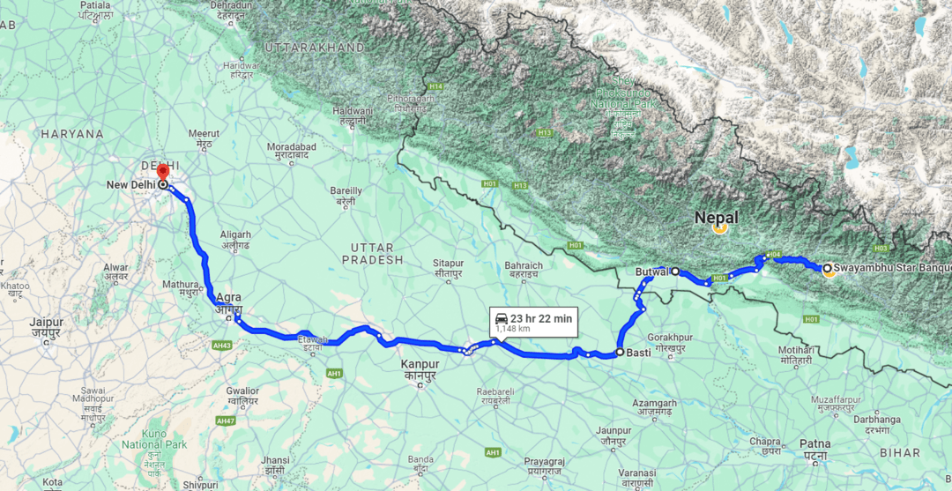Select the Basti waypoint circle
point(620,353)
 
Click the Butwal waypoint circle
point(675,272)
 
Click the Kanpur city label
point(420,364)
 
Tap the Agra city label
point(227,298)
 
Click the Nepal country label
point(716,218)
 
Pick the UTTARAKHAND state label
point(315,47)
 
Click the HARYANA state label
point(71,134)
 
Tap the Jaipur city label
point(45,323)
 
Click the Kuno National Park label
point(154,440)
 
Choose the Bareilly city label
point(346,190)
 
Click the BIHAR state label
point(898,451)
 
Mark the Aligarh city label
point(235,234)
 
